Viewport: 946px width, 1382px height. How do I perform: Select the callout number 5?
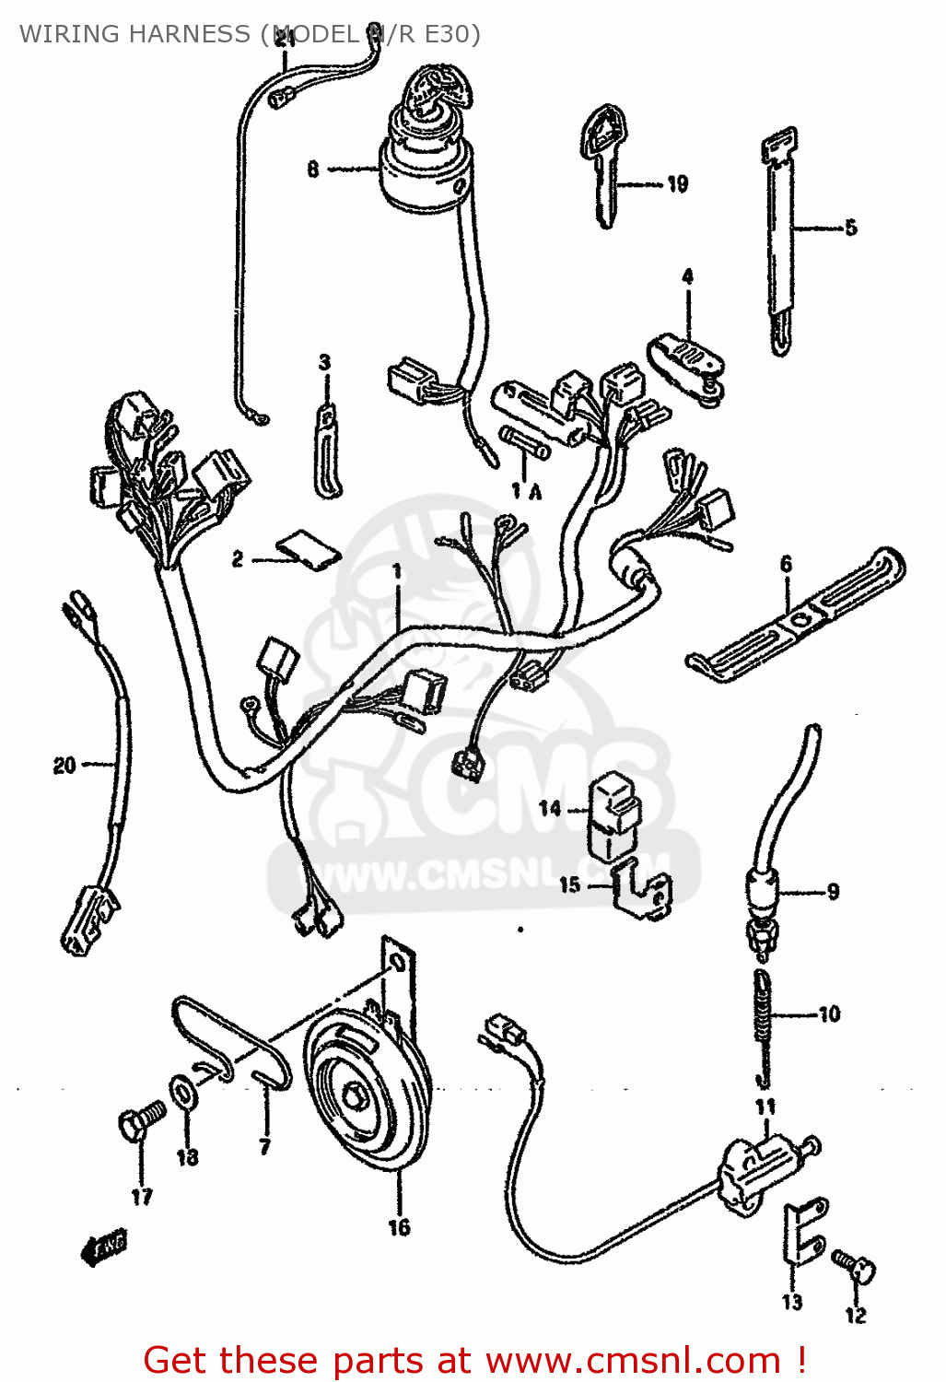point(850,227)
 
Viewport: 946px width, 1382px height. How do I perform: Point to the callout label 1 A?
point(527,491)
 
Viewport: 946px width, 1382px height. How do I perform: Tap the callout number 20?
point(64,766)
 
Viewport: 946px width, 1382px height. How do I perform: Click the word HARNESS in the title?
point(190,34)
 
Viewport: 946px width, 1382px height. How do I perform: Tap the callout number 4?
point(687,276)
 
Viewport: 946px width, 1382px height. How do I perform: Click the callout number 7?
point(265,1147)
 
